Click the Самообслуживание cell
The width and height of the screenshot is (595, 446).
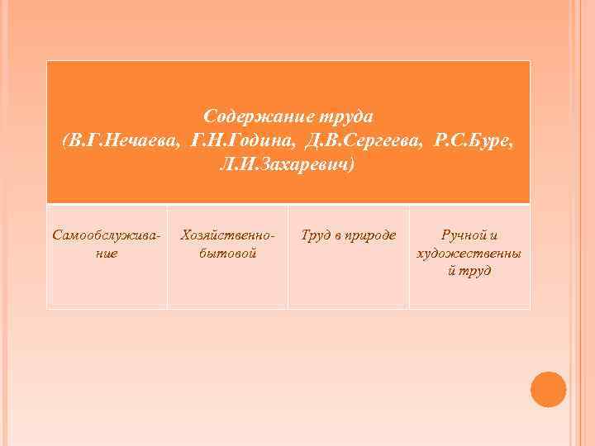(x=107, y=244)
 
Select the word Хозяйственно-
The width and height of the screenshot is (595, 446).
(x=227, y=235)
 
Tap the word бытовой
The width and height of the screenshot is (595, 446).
(x=228, y=253)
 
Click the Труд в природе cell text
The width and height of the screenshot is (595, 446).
(x=348, y=235)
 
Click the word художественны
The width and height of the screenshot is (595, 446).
(x=469, y=253)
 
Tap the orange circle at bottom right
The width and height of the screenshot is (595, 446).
(x=548, y=389)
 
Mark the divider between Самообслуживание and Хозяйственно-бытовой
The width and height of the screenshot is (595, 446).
(x=167, y=256)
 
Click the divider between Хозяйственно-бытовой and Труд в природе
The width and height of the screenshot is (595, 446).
(x=288, y=256)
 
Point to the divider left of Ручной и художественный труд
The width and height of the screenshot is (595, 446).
(x=409, y=256)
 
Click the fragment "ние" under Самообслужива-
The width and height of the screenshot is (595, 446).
(x=107, y=253)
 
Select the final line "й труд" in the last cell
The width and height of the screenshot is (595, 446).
(x=469, y=270)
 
